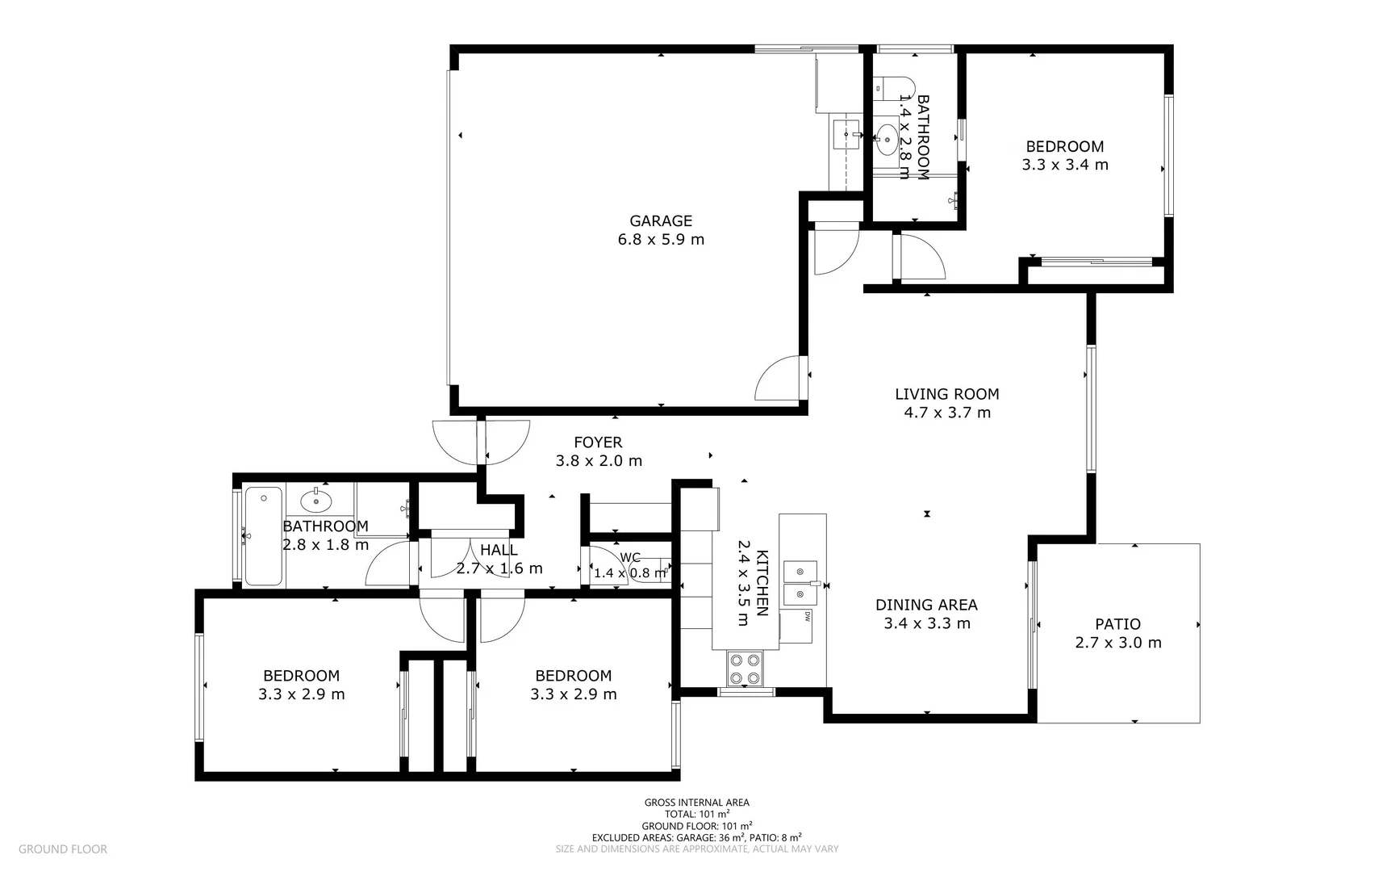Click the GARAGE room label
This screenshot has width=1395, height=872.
[x=661, y=220]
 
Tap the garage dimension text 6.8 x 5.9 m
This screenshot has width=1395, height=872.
[x=661, y=239]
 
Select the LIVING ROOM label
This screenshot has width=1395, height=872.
[x=947, y=394]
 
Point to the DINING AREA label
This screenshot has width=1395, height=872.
[x=926, y=605]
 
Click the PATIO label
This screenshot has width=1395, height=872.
[x=1118, y=624]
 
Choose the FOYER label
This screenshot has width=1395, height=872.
[x=598, y=442]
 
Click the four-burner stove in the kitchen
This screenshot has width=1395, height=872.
[x=746, y=669]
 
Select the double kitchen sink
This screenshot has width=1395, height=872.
[x=801, y=583]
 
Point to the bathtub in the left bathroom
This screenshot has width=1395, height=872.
[x=263, y=536]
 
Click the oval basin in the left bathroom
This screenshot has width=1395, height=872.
[x=316, y=501]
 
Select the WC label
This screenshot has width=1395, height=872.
[x=630, y=558]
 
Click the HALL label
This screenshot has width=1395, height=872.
[x=499, y=550]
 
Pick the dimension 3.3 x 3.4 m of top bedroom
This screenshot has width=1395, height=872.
[x=1065, y=165]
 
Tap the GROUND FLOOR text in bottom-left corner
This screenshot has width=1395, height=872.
[x=63, y=849]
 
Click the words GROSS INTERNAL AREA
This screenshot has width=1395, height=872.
[x=697, y=803]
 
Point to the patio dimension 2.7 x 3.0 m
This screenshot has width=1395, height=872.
[x=1118, y=643]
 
